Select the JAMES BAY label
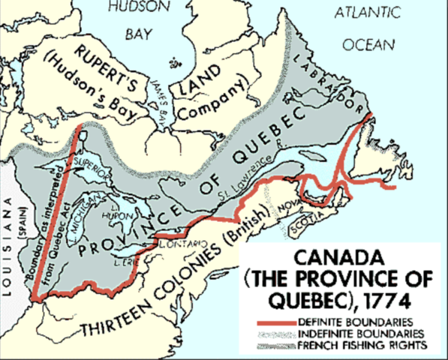point(164,93)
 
